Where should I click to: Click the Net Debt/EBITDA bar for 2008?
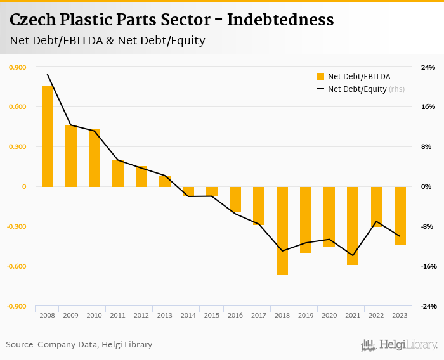pyautogui.click(x=48, y=136)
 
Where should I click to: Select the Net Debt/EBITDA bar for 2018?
pyautogui.click(x=282, y=231)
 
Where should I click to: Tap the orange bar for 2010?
pyautogui.click(x=95, y=158)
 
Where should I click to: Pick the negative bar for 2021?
pyautogui.click(x=352, y=226)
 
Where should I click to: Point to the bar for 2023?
pyautogui.click(x=400, y=215)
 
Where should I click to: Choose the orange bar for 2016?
pyautogui.click(x=235, y=199)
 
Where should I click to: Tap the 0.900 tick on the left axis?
pyautogui.click(x=18, y=67)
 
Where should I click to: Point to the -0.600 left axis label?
pyautogui.click(x=17, y=266)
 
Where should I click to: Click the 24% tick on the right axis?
pyautogui.click(x=428, y=67)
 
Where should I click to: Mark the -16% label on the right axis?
pyautogui.click(x=428, y=266)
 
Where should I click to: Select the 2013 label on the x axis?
pyautogui.click(x=164, y=315)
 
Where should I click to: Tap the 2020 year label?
pyautogui.click(x=329, y=315)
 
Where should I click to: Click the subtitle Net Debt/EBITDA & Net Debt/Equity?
pyautogui.click(x=107, y=41)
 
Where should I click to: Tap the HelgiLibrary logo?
pyautogui.click(x=400, y=345)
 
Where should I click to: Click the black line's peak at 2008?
pyautogui.click(x=48, y=74)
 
